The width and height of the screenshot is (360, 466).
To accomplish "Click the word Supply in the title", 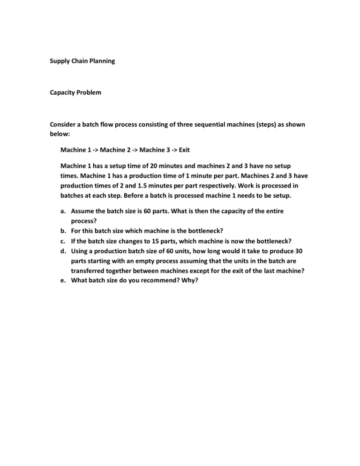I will [x=60, y=61].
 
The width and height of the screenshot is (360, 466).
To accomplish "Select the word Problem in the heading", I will [x=90, y=93].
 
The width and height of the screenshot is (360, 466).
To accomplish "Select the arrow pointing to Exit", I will [x=173, y=150].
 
